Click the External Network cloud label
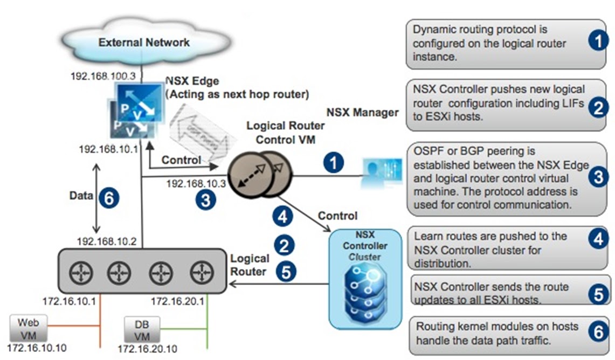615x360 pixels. coord(144,42)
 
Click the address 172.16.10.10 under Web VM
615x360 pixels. coord(37,348)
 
